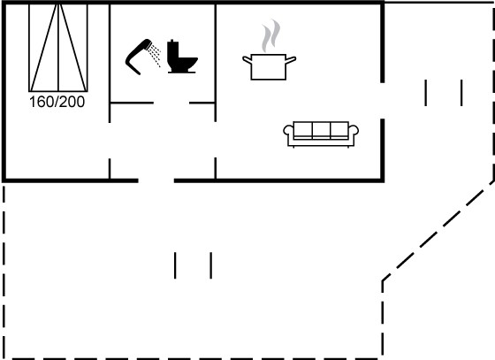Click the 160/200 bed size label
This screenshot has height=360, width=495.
tap(57, 102)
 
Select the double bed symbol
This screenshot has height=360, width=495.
tap(58, 48)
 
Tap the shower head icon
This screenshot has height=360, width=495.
tap(139, 57)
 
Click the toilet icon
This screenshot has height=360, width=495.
tap(182, 57)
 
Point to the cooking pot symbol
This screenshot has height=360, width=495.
tap(269, 67)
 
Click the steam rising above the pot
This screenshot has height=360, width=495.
tap(270, 35)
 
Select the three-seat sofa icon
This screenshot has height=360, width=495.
tap(321, 134)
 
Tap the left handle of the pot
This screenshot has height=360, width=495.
tap(247, 59)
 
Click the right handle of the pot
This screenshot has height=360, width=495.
tap(291, 59)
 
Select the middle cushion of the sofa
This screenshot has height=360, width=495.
tap(321, 130)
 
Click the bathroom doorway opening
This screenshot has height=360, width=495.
tap(171, 103)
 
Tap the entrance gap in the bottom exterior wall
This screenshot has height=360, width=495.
tap(156, 180)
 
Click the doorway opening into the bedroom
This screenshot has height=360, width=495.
tap(110, 141)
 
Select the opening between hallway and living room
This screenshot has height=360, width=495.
tap(216, 140)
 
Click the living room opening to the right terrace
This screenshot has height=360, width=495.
tap(382, 101)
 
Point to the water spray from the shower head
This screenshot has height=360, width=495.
tap(156, 56)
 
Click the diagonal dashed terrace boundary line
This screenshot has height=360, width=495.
tap(438, 231)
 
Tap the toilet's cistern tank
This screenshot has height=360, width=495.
tap(173, 48)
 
